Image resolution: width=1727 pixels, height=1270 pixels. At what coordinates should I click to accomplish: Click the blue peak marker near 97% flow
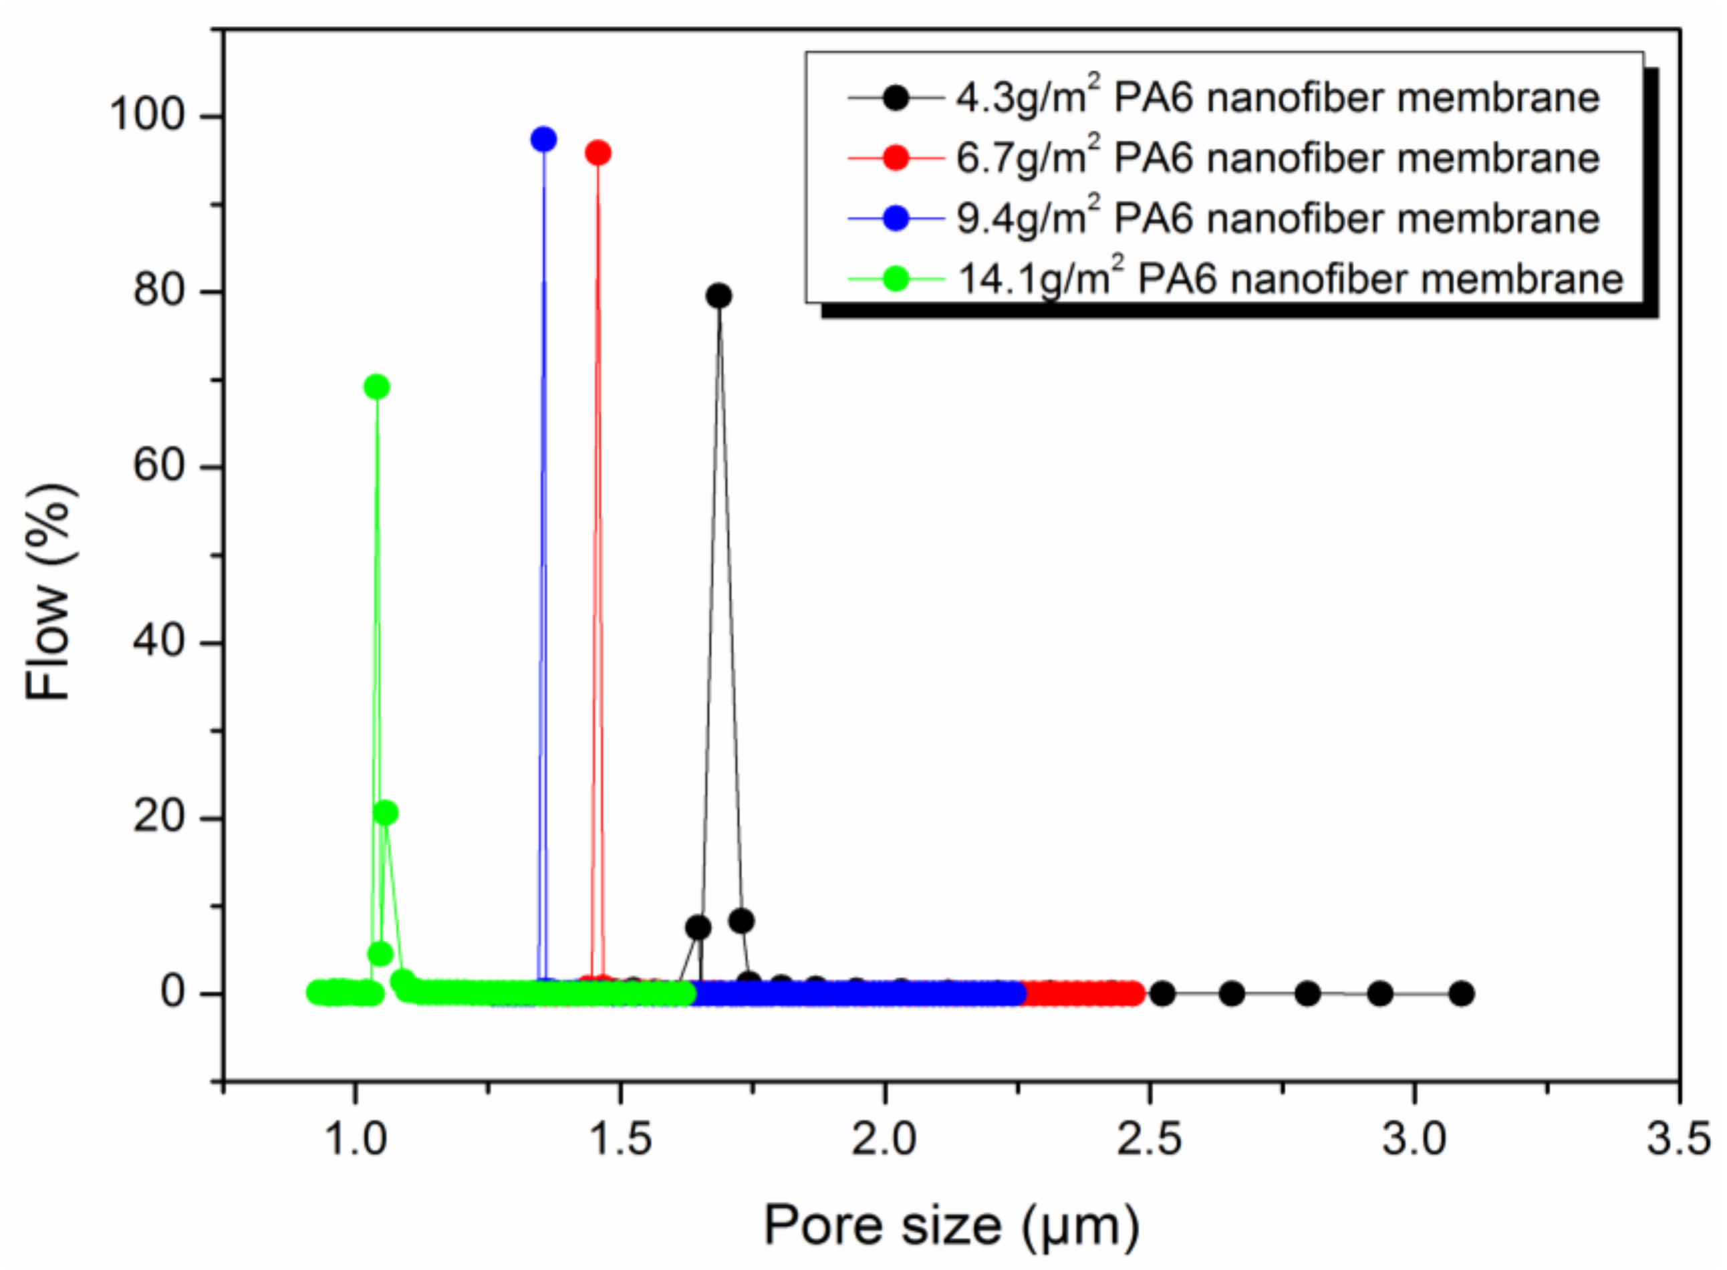[x=543, y=139]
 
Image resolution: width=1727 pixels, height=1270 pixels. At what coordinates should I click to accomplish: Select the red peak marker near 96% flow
[x=598, y=153]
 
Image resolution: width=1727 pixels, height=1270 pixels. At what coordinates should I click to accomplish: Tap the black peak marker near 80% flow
[x=718, y=295]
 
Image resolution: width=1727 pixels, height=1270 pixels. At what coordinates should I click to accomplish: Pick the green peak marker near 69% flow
[x=376, y=387]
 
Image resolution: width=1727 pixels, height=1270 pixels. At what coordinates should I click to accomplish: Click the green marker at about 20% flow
[x=385, y=813]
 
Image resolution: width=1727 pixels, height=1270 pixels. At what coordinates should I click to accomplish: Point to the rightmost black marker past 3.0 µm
[x=1461, y=993]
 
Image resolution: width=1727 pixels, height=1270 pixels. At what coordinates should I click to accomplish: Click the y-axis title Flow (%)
[x=50, y=592]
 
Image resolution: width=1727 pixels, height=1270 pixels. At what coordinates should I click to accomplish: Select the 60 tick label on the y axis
[x=159, y=466]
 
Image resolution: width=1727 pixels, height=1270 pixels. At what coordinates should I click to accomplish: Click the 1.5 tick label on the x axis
[x=620, y=1138]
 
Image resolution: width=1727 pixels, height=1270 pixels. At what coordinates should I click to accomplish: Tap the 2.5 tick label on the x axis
[x=1149, y=1138]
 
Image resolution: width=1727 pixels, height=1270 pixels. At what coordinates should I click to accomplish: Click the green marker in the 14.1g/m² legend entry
[x=896, y=278]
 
